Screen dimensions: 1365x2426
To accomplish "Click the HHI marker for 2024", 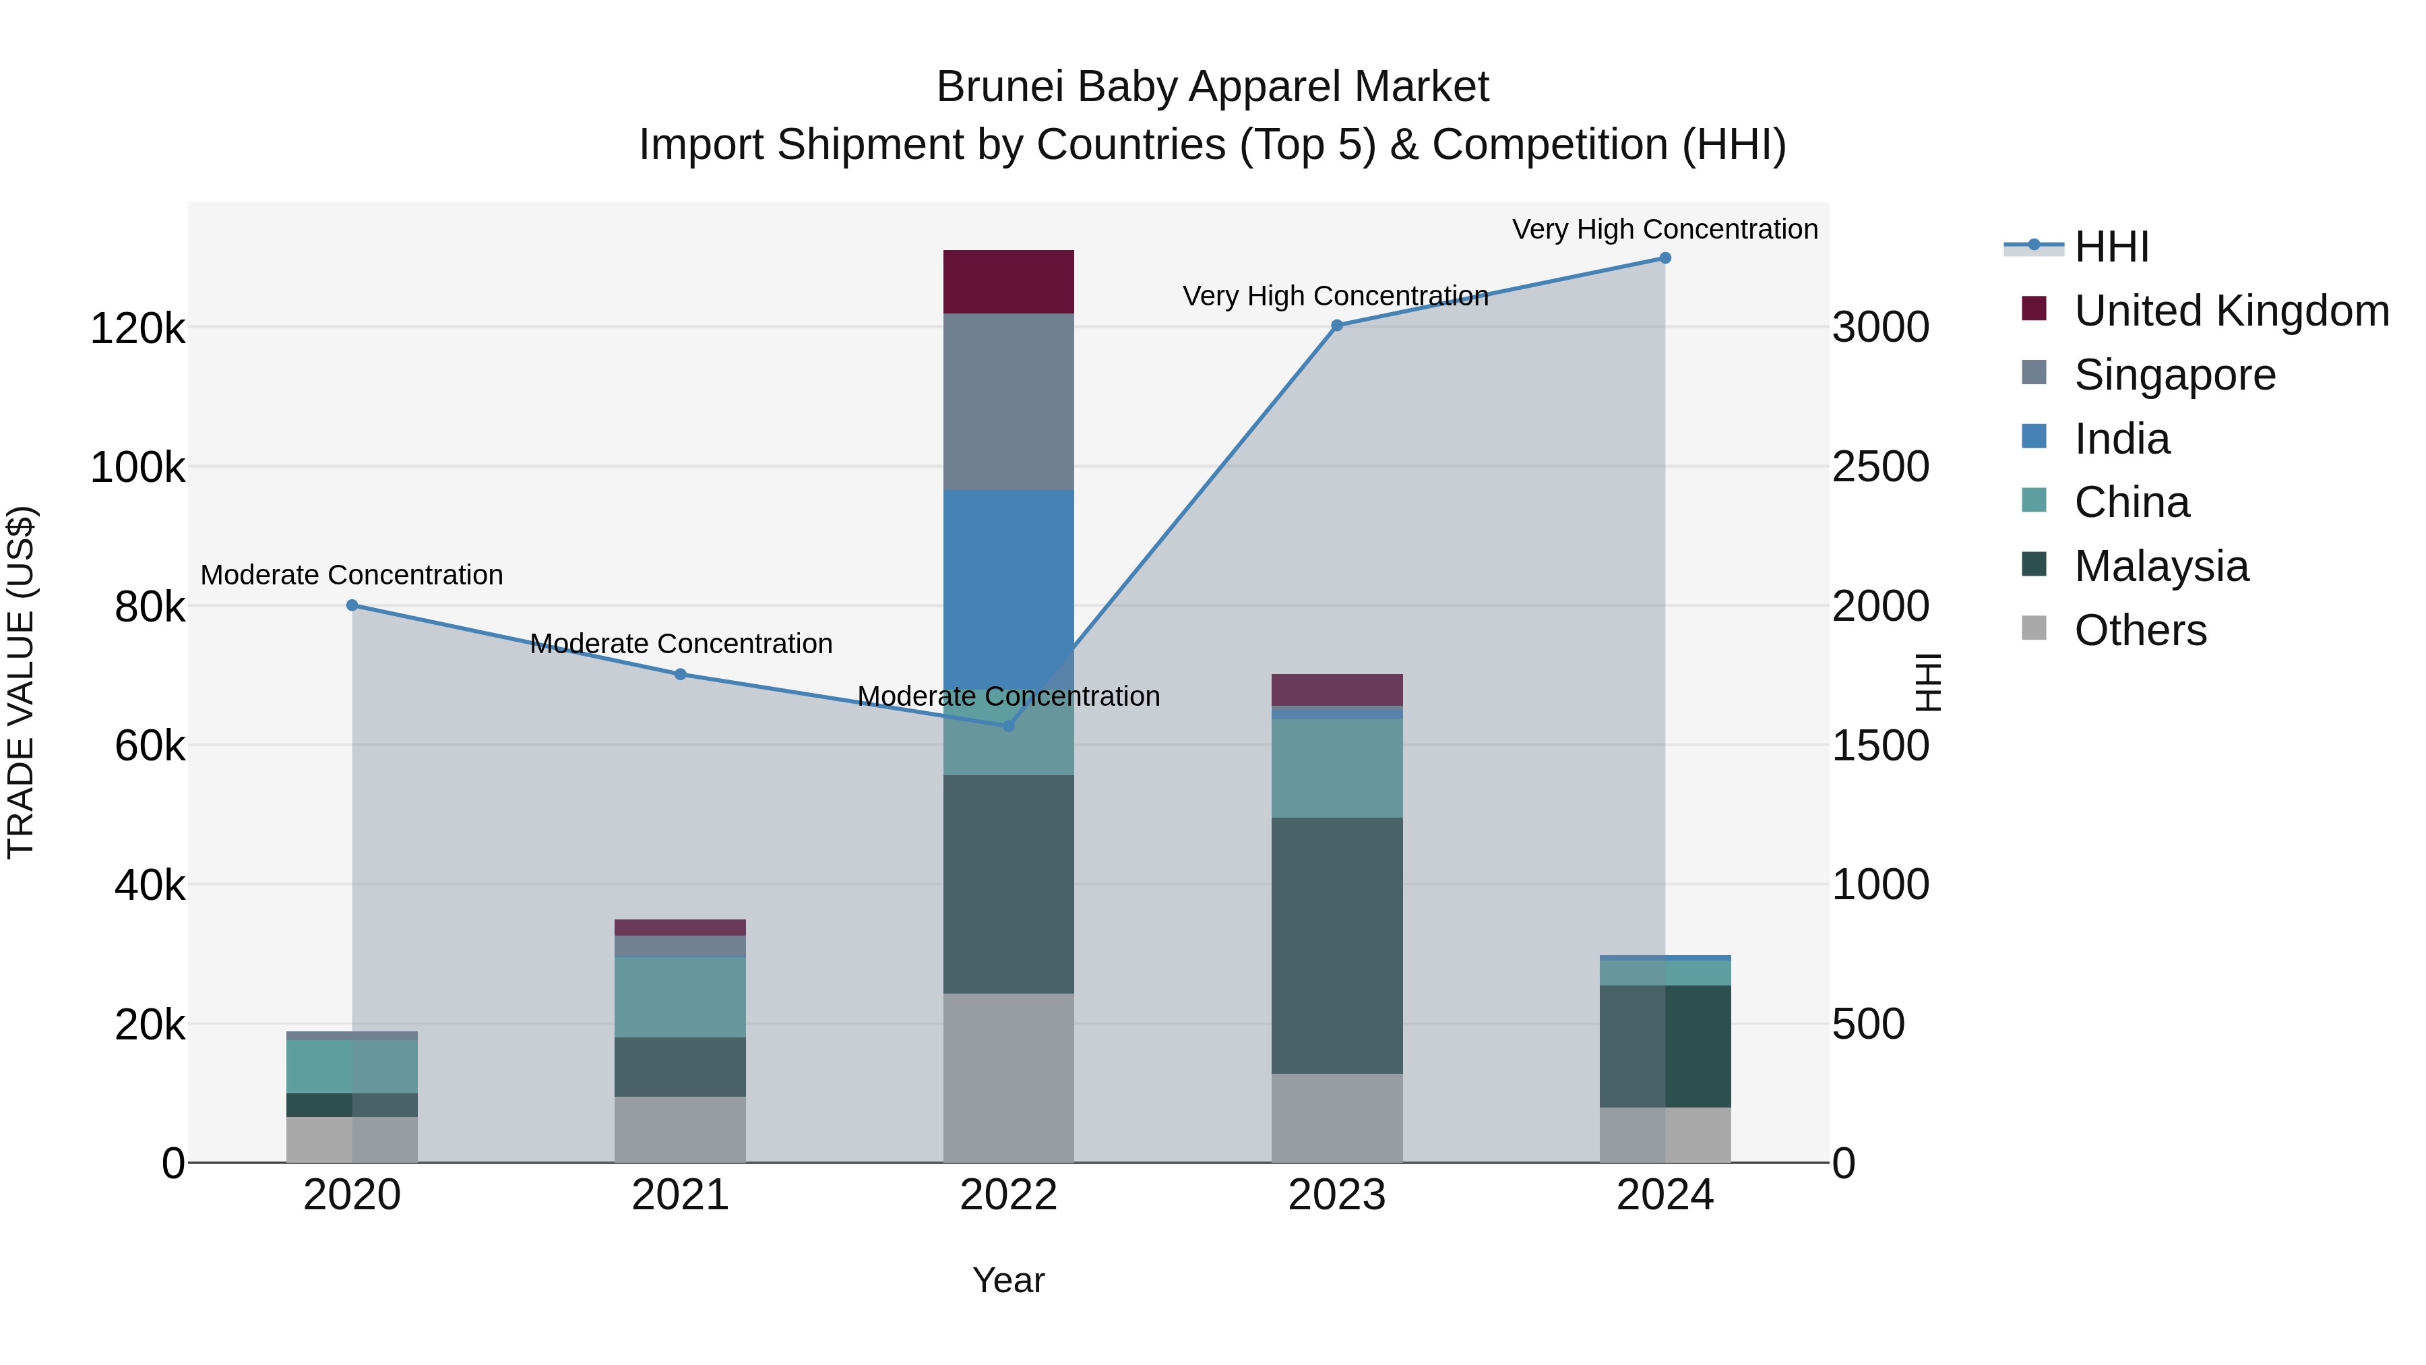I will (1664, 258).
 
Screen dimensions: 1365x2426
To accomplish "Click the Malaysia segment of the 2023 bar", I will (1336, 945).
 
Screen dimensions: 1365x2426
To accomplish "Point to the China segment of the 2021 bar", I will (680, 997).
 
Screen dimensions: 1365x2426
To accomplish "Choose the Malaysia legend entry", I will (2160, 566).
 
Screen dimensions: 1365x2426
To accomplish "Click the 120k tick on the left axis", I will (137, 329).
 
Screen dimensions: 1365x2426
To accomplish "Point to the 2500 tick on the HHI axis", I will (1879, 467).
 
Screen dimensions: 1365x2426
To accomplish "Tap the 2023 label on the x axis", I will (1336, 1195).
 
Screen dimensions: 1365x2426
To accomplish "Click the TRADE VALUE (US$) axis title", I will (21, 682).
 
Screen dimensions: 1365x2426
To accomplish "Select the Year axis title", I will (1007, 1280).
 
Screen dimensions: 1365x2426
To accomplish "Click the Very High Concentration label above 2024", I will (1664, 229).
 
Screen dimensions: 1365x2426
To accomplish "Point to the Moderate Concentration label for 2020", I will (352, 574).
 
